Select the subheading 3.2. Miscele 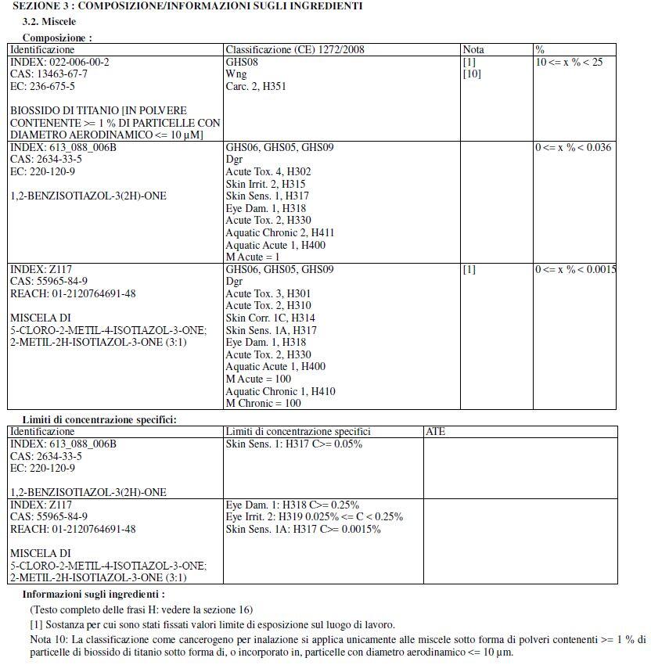pos(49,22)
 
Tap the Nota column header pos(473,50)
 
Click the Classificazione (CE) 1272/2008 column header pos(294,50)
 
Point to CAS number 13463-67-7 pos(49,74)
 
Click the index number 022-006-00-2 pos(59,62)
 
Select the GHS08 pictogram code pos(240,62)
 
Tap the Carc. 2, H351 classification pos(256,87)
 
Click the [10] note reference pos(472,74)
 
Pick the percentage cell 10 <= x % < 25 pos(569,62)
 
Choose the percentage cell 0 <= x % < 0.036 pos(573,148)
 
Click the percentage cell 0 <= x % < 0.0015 pos(575,270)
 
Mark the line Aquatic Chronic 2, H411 pos(279,233)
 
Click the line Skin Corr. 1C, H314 pos(270,318)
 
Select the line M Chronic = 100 pos(263,404)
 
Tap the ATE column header pos(436,432)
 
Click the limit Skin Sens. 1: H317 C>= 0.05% pos(293,444)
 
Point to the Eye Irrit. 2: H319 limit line pos(314,517)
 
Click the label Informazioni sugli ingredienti pos(93,595)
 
